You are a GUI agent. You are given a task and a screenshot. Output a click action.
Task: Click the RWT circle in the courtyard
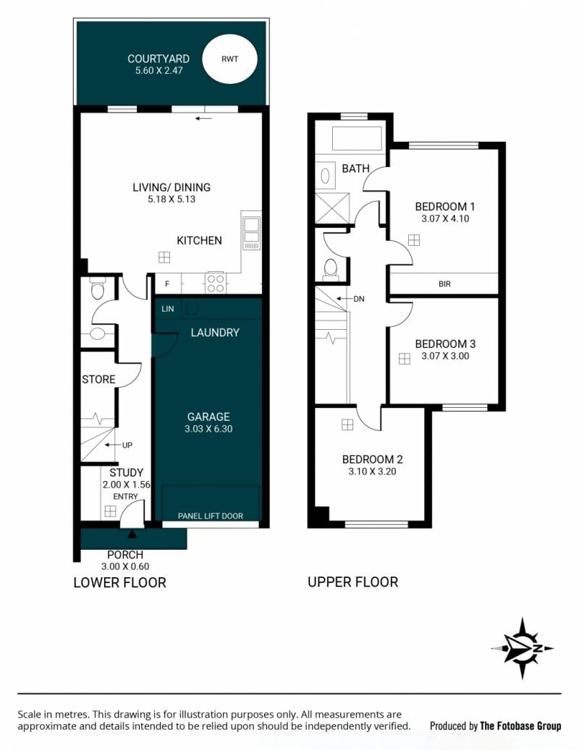(x=229, y=59)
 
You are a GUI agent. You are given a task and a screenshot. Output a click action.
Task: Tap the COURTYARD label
(x=159, y=59)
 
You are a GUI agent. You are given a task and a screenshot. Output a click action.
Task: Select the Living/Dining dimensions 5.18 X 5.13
(x=172, y=200)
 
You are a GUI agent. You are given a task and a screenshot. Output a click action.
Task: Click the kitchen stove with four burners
(x=216, y=282)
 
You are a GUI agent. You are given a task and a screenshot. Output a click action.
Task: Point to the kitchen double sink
(x=252, y=233)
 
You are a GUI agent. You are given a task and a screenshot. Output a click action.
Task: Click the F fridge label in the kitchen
(x=167, y=284)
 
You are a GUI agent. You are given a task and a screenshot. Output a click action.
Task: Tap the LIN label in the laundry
(x=167, y=309)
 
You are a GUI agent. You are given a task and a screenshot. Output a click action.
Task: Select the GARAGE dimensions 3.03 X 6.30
(x=208, y=429)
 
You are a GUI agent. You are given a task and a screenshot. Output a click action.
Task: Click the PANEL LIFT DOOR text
(x=211, y=516)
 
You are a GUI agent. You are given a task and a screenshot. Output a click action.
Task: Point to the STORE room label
(x=98, y=379)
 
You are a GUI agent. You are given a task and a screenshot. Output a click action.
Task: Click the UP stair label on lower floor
(x=127, y=446)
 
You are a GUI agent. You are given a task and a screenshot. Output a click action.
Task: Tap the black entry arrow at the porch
(x=132, y=534)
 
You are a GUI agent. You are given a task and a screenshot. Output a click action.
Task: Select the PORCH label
(x=125, y=555)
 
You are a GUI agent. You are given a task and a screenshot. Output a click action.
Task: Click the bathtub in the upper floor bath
(x=357, y=138)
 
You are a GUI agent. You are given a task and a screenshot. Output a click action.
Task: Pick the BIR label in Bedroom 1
(x=444, y=284)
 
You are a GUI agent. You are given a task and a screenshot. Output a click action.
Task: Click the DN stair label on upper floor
(x=359, y=299)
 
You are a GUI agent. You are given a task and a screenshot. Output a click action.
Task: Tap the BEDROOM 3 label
(x=445, y=344)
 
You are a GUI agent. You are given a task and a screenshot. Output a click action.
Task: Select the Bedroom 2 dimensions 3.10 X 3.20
(x=372, y=472)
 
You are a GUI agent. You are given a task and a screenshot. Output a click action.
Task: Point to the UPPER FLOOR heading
(x=352, y=582)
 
